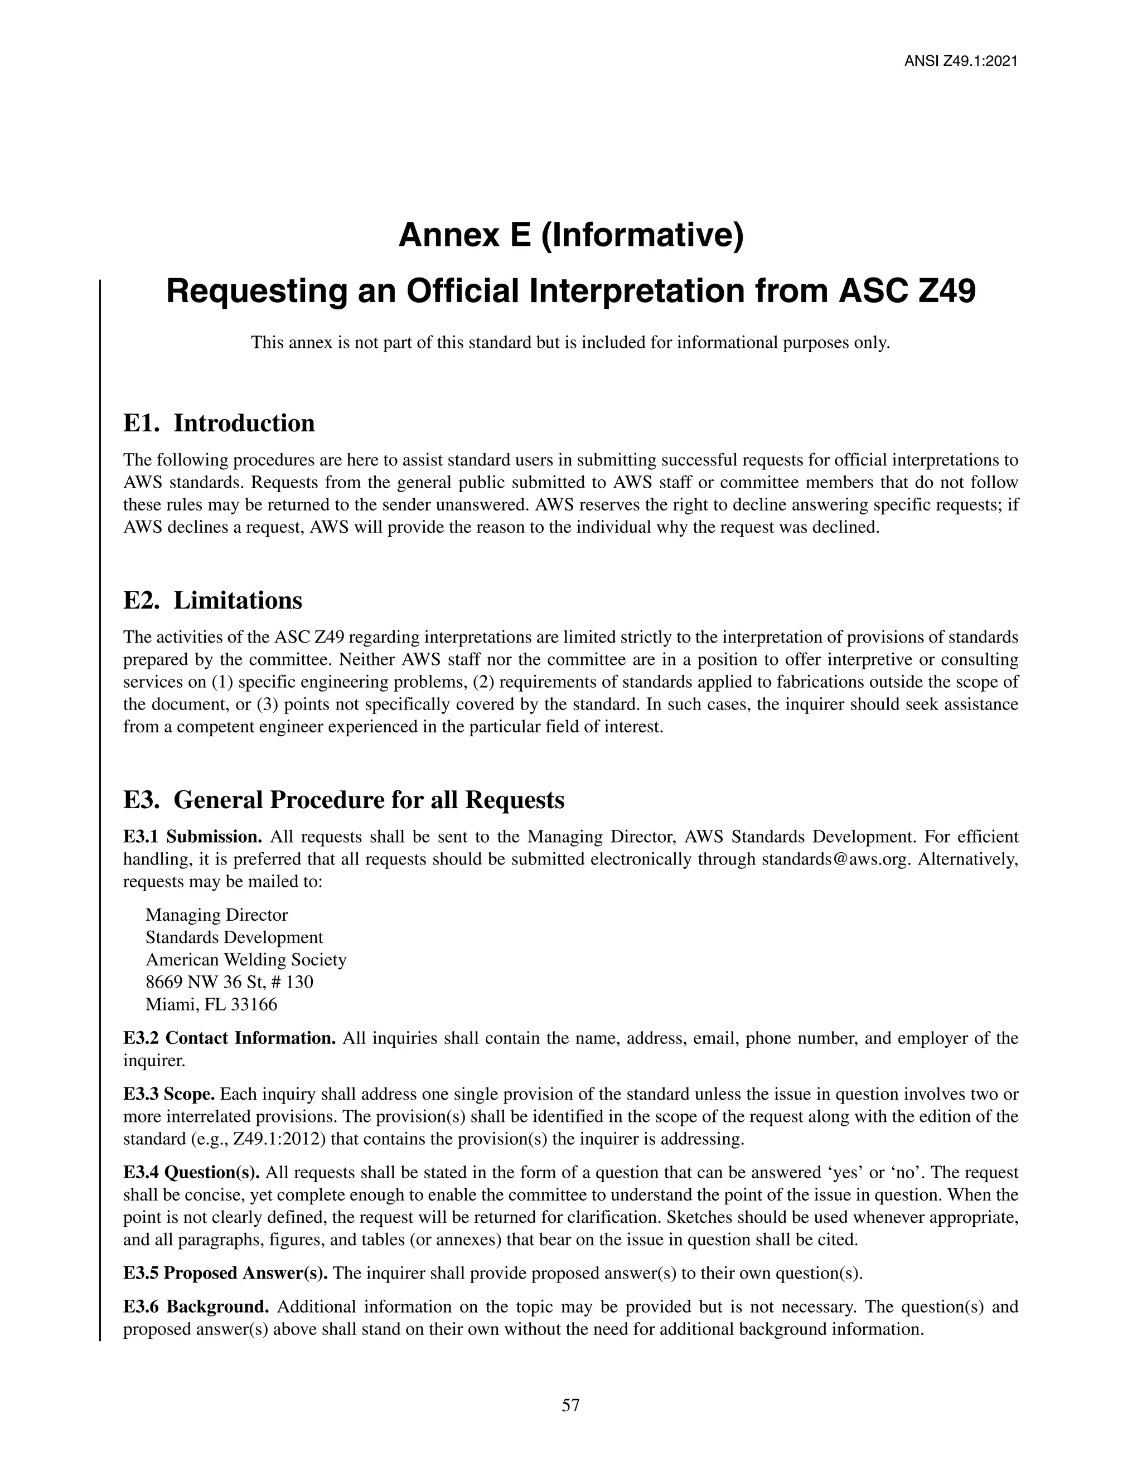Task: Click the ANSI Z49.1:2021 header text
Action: coord(961,61)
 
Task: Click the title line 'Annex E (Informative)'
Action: coord(570,235)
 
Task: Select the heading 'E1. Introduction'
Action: coord(219,424)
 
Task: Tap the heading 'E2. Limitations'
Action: coord(212,600)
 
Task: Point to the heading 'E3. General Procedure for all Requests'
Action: coord(343,800)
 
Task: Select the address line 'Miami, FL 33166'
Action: coord(211,1004)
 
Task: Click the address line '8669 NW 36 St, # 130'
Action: coord(229,982)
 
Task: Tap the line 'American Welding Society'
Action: coord(245,960)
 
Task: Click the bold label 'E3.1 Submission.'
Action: coord(193,837)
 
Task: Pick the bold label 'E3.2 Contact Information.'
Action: coord(229,1038)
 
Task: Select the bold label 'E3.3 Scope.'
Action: coord(169,1094)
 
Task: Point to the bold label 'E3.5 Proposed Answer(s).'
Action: coord(225,1274)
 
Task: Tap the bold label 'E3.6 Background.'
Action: coord(196,1307)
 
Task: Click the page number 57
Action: coord(570,1406)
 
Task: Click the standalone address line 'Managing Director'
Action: coord(216,915)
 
